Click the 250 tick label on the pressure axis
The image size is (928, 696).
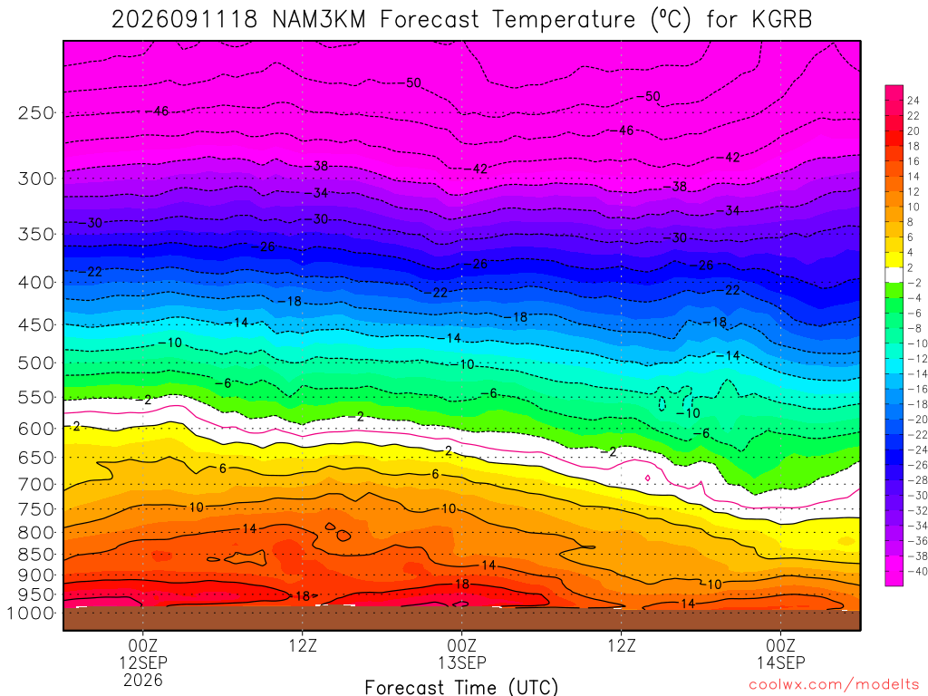coord(36,112)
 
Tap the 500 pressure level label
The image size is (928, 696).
coord(36,362)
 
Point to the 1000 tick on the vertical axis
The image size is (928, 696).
coord(32,614)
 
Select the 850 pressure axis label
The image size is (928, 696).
coord(36,555)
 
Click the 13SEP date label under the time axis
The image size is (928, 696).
coord(461,662)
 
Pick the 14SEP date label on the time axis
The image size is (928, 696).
coord(780,662)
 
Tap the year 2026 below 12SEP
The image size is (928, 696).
coord(143,680)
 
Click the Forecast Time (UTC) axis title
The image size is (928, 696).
coord(461,687)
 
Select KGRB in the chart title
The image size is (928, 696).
coord(782,20)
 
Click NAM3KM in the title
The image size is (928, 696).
coord(319,20)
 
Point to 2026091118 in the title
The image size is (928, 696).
coord(185,20)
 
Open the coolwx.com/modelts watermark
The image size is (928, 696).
coord(834,685)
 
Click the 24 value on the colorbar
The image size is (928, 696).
coord(913,101)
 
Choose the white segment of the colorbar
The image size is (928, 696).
coord(894,275)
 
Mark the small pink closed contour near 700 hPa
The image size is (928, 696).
coord(647,478)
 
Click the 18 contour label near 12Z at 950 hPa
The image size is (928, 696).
coord(303,596)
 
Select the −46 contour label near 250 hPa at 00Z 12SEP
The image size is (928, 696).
coord(158,111)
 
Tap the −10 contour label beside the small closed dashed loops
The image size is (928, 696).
coord(689,413)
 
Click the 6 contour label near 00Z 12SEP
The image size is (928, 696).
coord(223,469)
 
